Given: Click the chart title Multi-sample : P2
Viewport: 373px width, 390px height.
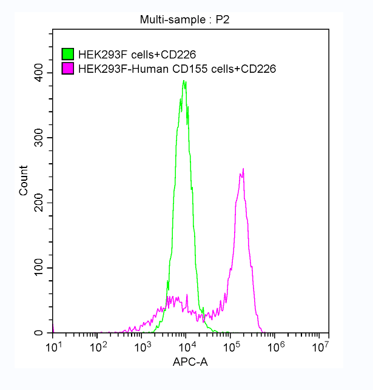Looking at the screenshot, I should [x=184, y=20].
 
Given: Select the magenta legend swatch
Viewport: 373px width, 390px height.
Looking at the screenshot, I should [x=69, y=69].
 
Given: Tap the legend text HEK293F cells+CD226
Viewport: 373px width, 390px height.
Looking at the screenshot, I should [x=137, y=55].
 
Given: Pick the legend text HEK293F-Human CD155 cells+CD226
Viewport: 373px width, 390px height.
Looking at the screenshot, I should [x=177, y=69].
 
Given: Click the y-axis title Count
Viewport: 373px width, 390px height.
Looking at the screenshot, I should [x=24, y=180].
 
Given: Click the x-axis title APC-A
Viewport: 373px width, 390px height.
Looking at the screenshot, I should [x=190, y=362].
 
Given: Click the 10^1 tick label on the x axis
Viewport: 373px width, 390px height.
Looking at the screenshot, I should [x=53, y=346].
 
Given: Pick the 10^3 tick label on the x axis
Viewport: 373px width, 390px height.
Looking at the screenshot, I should [x=142, y=346].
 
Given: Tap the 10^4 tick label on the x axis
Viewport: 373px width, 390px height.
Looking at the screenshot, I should [x=186, y=346].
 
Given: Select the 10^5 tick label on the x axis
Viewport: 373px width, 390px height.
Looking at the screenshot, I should [x=231, y=346].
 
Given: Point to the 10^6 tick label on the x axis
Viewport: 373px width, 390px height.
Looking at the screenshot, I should [x=275, y=346].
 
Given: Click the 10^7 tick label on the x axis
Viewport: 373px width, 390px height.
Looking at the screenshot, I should [x=320, y=346].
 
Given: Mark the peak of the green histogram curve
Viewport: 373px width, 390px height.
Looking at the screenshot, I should [x=184, y=80].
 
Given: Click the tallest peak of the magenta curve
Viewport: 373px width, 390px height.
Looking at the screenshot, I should [x=243, y=169].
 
